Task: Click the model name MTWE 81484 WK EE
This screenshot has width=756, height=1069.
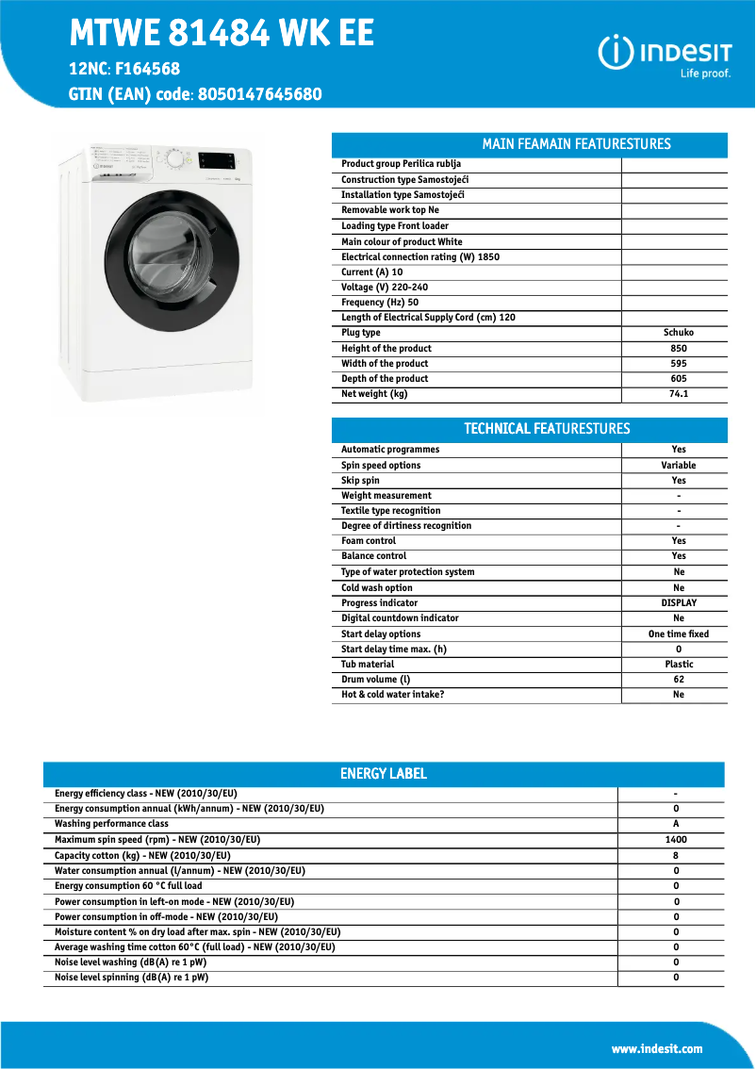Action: tap(222, 34)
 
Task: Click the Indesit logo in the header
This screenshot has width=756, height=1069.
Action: tap(665, 56)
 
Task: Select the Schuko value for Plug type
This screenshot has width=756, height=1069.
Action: tap(678, 333)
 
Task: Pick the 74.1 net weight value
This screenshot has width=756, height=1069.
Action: tap(678, 394)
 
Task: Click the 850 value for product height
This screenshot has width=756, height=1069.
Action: tap(678, 348)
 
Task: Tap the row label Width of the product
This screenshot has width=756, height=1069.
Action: tap(385, 364)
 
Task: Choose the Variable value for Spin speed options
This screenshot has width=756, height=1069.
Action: tap(678, 466)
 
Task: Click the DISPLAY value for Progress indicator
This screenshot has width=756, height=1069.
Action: tap(678, 603)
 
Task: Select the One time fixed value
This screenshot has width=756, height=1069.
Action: tap(678, 634)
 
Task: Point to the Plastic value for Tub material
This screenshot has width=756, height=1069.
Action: tap(678, 665)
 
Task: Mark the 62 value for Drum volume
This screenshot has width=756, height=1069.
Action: tap(678, 680)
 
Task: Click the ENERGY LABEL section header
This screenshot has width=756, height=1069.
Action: tap(383, 774)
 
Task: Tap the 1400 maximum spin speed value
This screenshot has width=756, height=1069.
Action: tap(675, 840)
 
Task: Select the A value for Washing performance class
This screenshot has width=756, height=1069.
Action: tap(675, 824)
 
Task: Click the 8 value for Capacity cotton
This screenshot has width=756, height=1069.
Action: tap(675, 856)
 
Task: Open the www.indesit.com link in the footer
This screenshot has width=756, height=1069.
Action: tap(656, 1049)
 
